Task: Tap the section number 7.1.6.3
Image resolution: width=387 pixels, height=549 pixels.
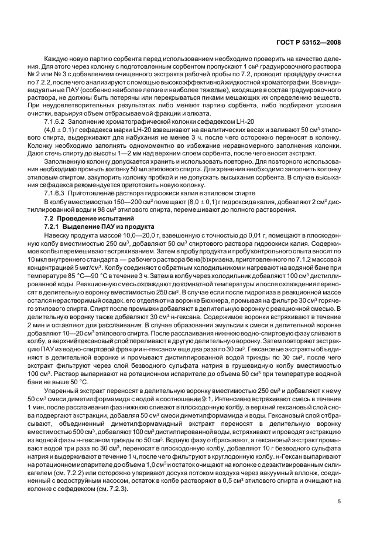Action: (59, 192)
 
